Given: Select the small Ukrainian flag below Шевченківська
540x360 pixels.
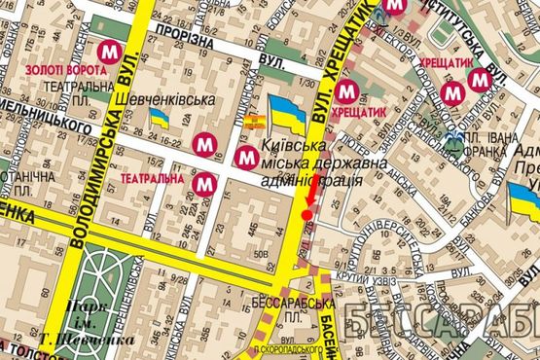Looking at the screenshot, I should pyautogui.click(x=159, y=119).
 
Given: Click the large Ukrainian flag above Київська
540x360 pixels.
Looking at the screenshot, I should pyautogui.click(x=287, y=114).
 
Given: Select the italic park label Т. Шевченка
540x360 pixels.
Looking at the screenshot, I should pyautogui.click(x=74, y=341).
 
